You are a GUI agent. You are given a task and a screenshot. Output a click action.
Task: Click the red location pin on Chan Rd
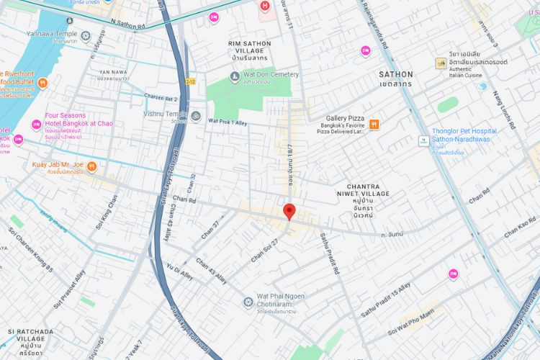coord(289,211)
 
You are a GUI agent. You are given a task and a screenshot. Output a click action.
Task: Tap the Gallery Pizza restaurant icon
coord(374,124)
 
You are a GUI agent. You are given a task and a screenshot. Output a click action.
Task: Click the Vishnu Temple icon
coord(195,116)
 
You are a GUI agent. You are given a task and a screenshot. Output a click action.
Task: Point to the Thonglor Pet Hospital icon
coord(423,139)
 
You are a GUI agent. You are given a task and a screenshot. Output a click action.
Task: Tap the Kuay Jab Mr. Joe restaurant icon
coord(91,167)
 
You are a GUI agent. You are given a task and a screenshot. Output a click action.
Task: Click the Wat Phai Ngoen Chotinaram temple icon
coord(248,300)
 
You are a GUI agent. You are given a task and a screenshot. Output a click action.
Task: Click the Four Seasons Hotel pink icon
coord(37,125)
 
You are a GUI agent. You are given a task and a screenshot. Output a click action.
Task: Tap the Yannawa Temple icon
coord(86,36)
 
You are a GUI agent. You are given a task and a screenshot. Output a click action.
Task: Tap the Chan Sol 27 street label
coord(265,250)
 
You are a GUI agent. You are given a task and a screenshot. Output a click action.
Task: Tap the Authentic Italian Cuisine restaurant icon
coord(441,63)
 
